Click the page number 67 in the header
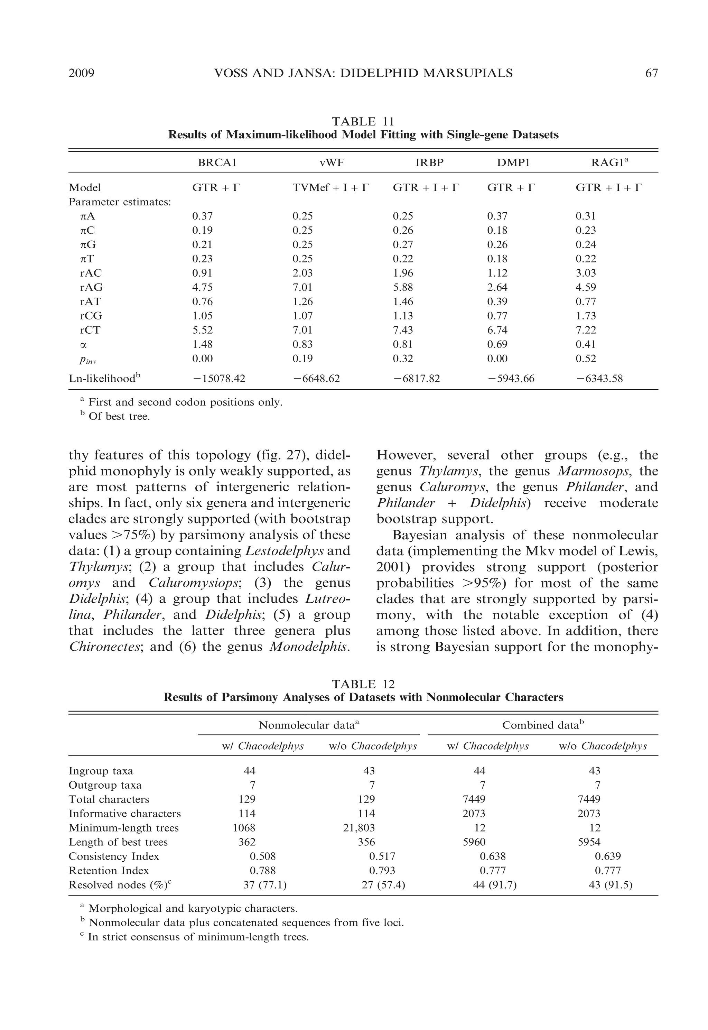[x=651, y=73]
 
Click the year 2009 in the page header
[x=82, y=73]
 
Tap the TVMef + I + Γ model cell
[x=330, y=188]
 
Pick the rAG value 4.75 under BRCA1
[x=202, y=287]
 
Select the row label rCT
[x=91, y=330]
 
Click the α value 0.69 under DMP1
[x=497, y=344]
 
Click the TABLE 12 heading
[x=363, y=684]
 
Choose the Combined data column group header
[x=543, y=725]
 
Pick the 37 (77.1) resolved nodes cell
[x=265, y=885]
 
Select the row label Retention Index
[x=109, y=870]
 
